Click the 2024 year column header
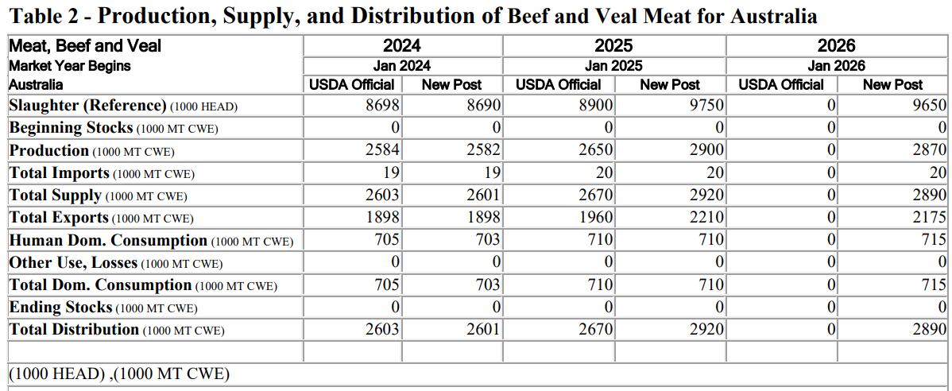coord(402,46)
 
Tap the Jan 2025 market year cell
coord(613,66)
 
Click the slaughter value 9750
coord(706,106)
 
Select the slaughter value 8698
coord(382,106)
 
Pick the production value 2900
coord(706,150)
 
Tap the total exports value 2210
coord(706,218)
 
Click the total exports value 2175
coord(928,218)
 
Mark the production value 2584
coord(382,150)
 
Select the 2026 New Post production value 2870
coord(928,150)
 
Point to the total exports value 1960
coord(595,218)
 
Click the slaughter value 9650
coord(928,106)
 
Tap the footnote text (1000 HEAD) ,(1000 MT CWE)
coord(119,374)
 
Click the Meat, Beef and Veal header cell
coord(85,46)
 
